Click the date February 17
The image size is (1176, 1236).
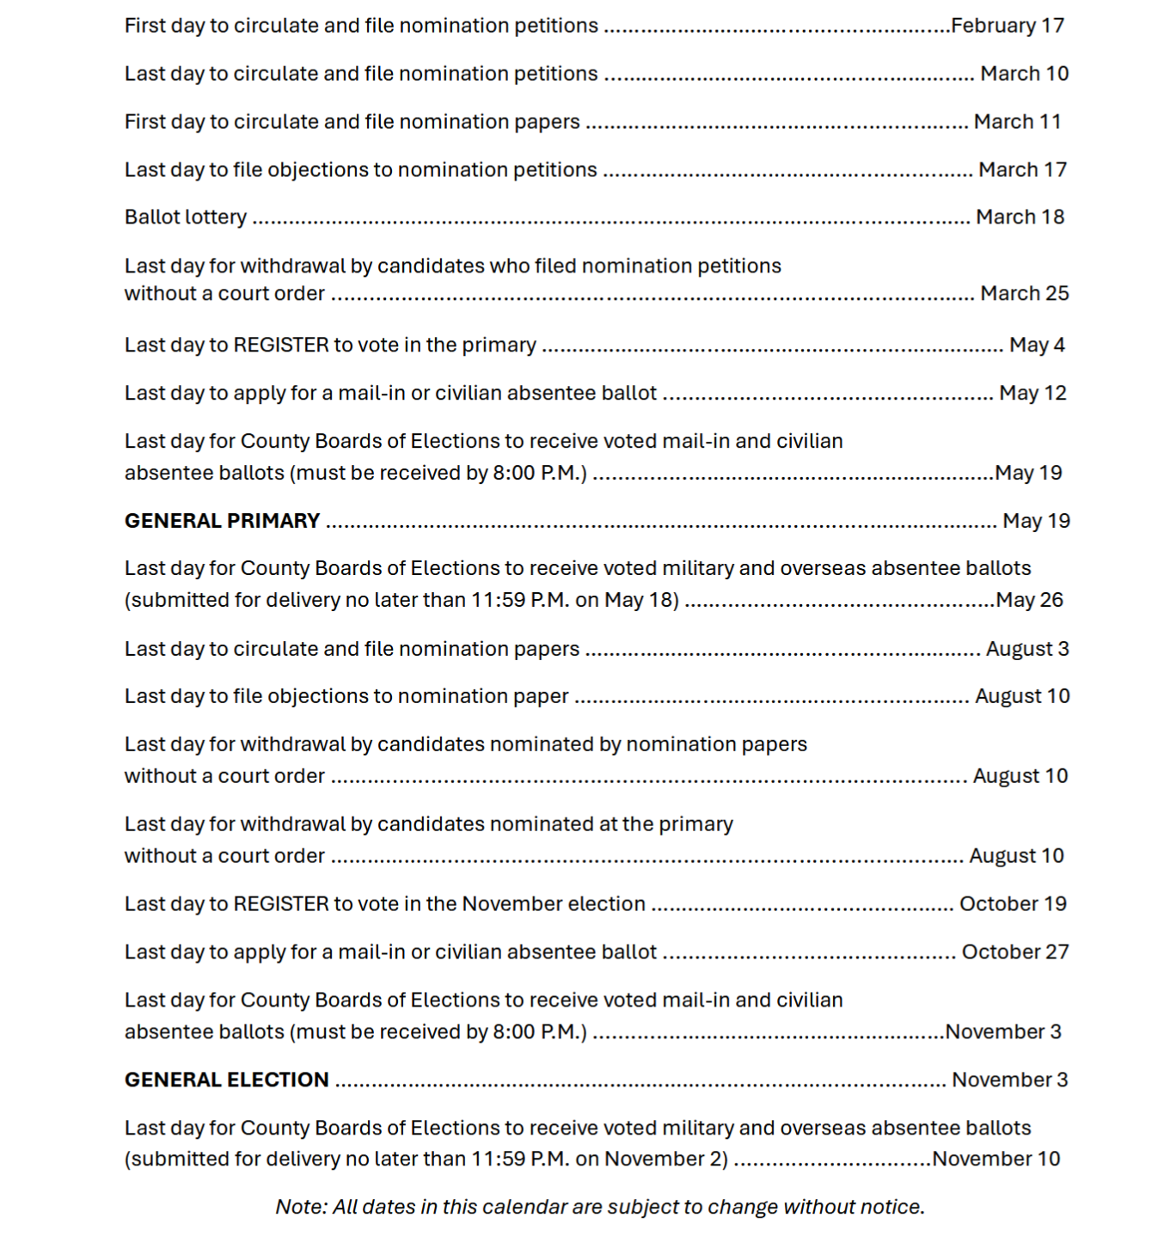[x=1008, y=26]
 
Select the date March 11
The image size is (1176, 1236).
[x=1017, y=122]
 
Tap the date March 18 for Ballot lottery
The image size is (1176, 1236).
[x=1020, y=217]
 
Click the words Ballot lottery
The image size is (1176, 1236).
[x=186, y=217]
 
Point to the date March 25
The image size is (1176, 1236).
[x=1024, y=294]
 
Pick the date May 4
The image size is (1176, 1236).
[x=1037, y=346]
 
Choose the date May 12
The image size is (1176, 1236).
[x=1032, y=394]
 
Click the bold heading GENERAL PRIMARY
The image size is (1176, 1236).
[x=222, y=521]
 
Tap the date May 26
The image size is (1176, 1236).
[x=1029, y=600]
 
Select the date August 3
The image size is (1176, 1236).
[x=1027, y=649]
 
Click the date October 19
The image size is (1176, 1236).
[x=1013, y=904]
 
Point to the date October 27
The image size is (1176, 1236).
[x=1015, y=952]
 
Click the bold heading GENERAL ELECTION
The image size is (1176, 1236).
[x=227, y=1080]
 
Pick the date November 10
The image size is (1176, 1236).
[x=996, y=1160]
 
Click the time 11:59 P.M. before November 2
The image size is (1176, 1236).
[x=520, y=1160]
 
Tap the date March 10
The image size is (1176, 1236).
[x=1024, y=74]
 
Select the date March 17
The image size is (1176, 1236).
[x=1022, y=170]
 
